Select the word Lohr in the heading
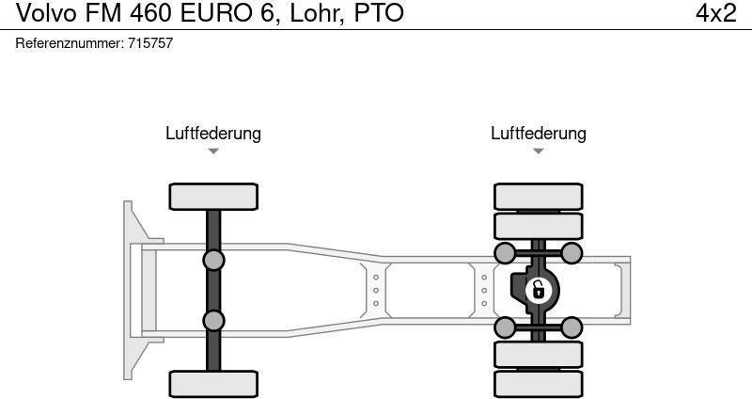coord(316,13)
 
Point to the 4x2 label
coord(715,13)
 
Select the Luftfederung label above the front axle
coord(213,134)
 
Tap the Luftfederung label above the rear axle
coord(539,134)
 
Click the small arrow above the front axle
coord(213,152)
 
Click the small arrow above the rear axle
coord(539,152)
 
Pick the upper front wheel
coord(213,197)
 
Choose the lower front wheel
coord(213,384)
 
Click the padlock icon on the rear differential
coord(539,289)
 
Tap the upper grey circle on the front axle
coord(213,260)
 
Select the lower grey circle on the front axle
coord(213,321)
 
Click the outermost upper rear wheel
coord(539,196)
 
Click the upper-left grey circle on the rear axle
coord(505,252)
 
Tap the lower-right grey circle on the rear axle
coord(572,327)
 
